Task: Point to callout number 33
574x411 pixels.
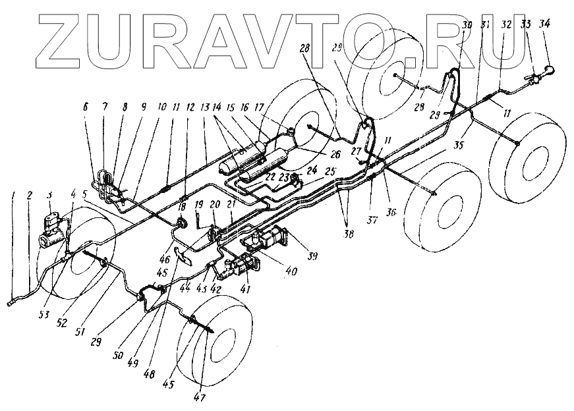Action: [x=525, y=24]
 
